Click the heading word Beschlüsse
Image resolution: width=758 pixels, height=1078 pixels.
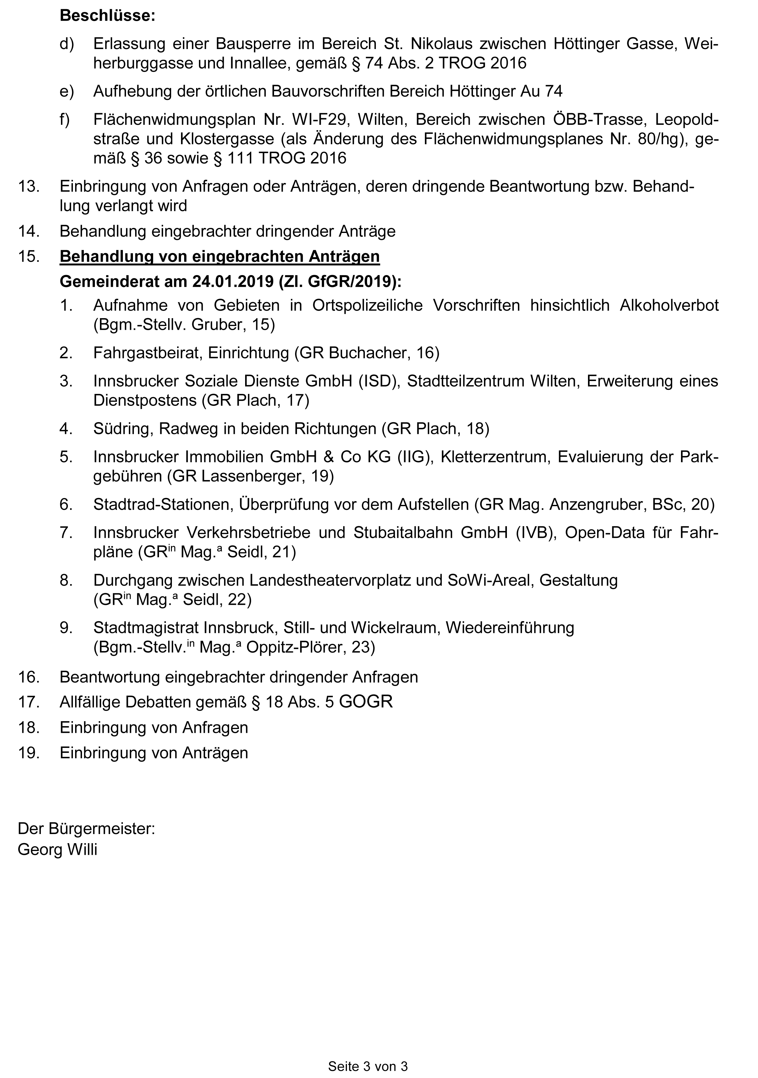coord(107,16)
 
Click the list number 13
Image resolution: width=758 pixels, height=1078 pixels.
coord(29,186)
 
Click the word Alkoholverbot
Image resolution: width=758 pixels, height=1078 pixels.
coord(669,305)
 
